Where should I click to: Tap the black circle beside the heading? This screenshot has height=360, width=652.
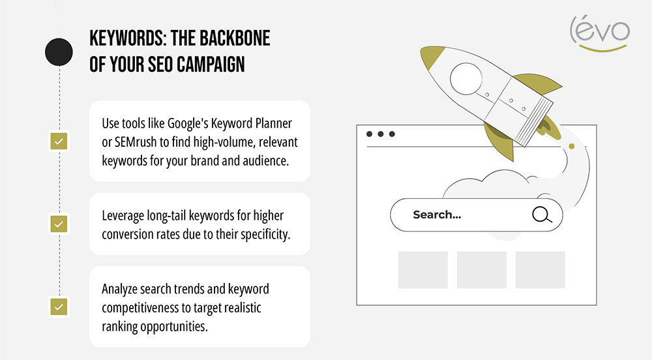pos(58,53)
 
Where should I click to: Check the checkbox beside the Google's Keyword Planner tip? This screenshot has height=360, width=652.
pos(59,141)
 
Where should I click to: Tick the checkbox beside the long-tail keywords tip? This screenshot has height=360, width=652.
pos(59,224)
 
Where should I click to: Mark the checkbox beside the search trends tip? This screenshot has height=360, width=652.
pos(59,306)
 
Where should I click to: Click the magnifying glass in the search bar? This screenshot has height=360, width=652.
pos(541,215)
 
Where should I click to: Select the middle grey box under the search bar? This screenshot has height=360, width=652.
pos(482,270)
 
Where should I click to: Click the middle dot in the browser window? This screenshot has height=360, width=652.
pos(381,134)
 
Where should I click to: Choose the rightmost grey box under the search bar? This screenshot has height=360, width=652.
pos(541,270)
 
